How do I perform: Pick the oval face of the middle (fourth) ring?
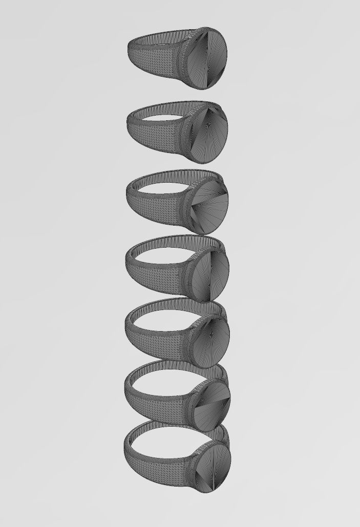210,271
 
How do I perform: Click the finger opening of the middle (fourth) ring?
164,253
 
